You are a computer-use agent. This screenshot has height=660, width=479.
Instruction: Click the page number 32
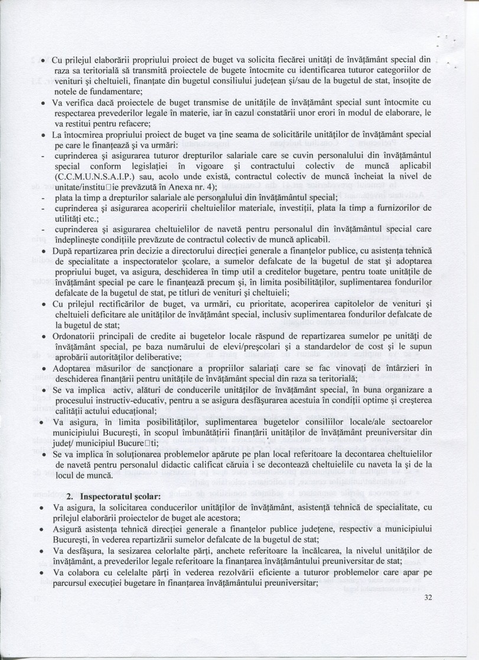tap(429, 598)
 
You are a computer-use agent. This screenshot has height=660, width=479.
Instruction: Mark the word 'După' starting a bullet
tap(63, 250)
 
